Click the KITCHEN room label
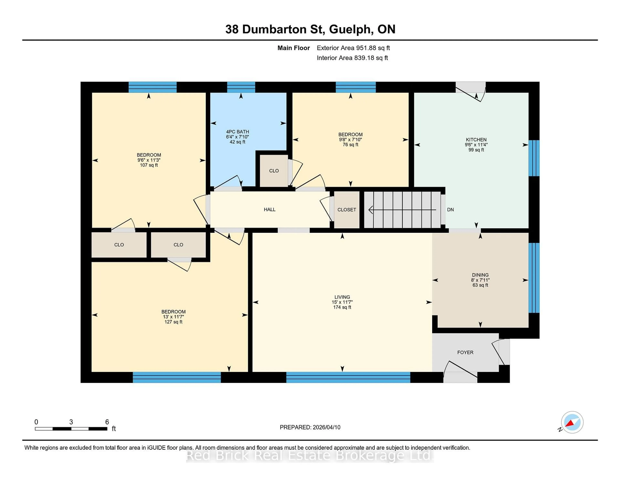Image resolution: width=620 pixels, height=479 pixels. [476, 140]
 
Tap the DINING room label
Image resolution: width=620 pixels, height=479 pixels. [480, 275]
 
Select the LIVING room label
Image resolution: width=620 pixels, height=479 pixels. [342, 297]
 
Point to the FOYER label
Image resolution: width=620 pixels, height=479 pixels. [465, 352]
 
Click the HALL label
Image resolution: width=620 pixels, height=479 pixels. [269, 209]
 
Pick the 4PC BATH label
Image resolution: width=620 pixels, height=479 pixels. [237, 132]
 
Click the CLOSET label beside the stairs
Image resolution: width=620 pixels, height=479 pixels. [346, 210]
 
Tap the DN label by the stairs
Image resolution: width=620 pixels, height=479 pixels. [450, 210]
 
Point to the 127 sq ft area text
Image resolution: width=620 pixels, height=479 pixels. [173, 322]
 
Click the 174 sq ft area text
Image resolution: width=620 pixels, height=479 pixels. [342, 307]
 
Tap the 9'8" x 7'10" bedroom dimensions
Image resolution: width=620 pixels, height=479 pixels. [350, 140]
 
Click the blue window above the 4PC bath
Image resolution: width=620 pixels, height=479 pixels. [241, 87]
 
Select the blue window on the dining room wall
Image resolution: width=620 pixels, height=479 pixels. [534, 278]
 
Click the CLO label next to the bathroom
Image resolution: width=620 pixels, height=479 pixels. [274, 171]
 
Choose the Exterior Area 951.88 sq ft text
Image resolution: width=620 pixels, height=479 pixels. [353, 48]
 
